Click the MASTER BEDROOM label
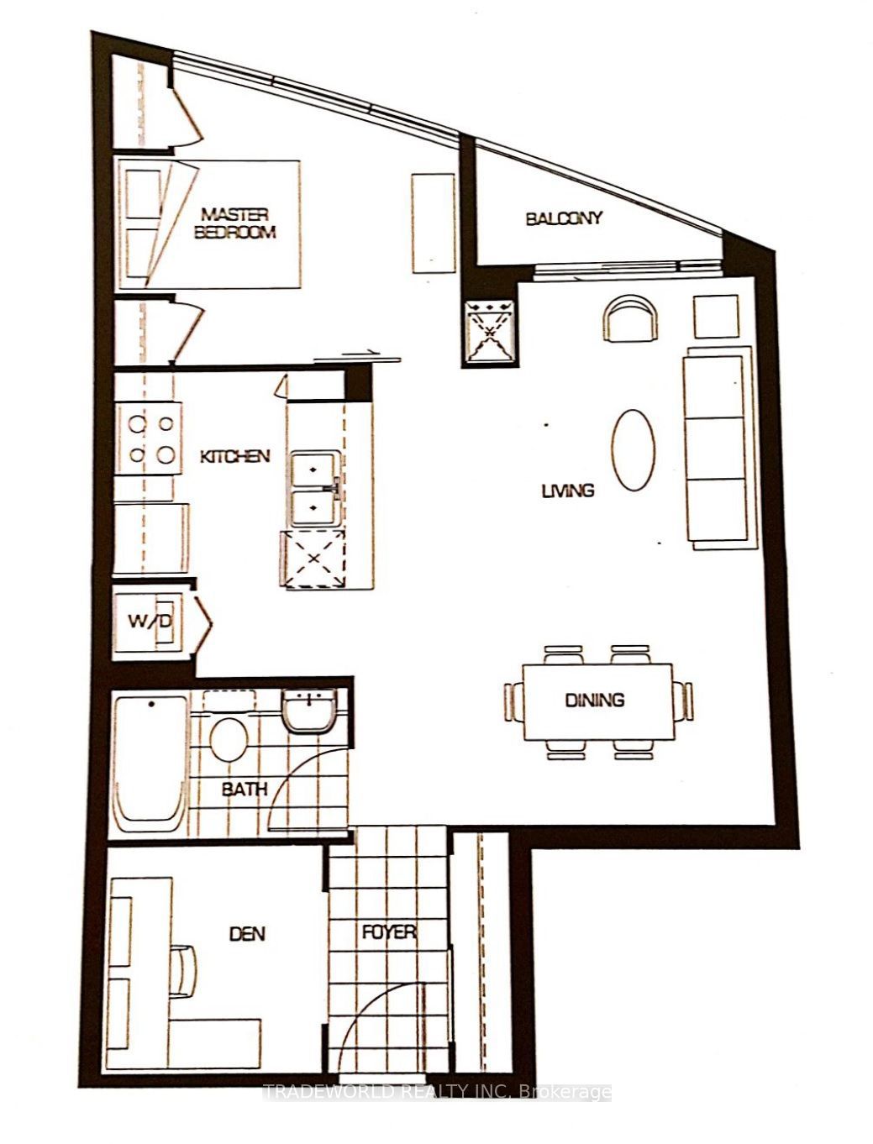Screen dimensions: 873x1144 234,223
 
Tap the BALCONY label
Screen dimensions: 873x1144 564,218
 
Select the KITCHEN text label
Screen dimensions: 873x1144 235,457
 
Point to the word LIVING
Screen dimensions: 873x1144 568,491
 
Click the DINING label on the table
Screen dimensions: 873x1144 595,700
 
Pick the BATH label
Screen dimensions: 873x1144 245,789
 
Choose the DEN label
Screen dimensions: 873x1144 247,933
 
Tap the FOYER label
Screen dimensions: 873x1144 389,931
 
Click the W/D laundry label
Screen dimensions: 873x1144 150,622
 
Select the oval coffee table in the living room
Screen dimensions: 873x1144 634,449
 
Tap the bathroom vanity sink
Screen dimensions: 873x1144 309,711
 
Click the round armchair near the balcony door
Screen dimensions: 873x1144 630,318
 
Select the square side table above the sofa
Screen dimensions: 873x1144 716,317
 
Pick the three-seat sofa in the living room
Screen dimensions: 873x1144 718,448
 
